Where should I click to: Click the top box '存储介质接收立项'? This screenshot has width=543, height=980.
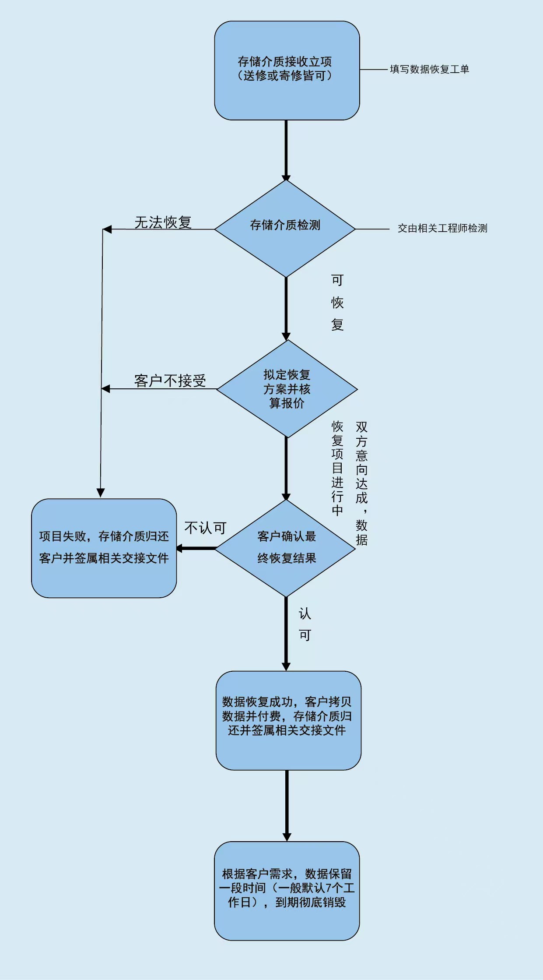(287, 70)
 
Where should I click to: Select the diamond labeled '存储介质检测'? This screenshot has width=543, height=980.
(285, 228)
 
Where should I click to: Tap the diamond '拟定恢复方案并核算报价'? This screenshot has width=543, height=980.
(287, 389)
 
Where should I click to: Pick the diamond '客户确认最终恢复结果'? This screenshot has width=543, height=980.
(285, 547)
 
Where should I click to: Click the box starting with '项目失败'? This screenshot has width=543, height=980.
(104, 548)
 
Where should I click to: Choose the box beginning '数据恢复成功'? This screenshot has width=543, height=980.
(288, 720)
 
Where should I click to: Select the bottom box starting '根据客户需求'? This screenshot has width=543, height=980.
(287, 891)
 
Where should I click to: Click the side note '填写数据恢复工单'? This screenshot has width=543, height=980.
(429, 69)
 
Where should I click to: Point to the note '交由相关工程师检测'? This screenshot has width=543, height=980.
(442, 228)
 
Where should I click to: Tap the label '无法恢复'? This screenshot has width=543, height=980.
(163, 222)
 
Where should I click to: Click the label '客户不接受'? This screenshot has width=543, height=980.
(170, 381)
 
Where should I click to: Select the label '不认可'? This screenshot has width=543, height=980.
(205, 528)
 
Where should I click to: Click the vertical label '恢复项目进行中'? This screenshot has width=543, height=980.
(337, 468)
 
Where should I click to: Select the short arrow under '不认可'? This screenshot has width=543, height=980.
(196, 548)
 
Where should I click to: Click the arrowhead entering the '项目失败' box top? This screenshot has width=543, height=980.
(101, 493)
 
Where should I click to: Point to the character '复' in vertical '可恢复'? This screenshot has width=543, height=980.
(337, 324)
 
